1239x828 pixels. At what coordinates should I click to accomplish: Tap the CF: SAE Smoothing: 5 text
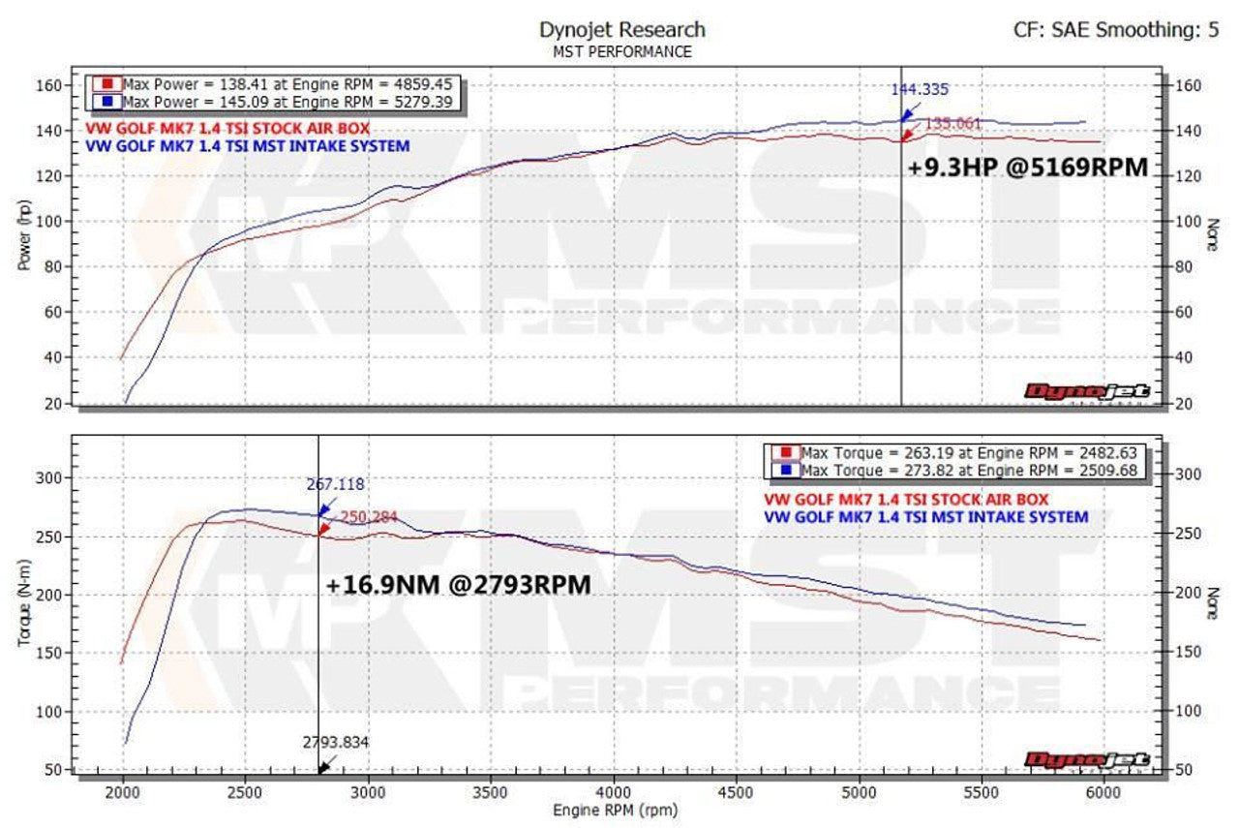[1116, 30]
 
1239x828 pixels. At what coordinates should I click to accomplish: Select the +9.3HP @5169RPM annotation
[1027, 168]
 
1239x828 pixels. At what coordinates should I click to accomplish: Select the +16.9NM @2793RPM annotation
[458, 586]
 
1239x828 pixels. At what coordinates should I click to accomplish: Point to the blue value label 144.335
[920, 90]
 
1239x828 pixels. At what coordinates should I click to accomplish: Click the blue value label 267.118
[335, 485]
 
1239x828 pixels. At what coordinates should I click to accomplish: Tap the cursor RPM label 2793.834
[336, 743]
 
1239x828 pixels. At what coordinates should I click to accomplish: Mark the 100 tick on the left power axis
[48, 222]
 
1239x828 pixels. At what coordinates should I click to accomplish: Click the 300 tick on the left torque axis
[48, 477]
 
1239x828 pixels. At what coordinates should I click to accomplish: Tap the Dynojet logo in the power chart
[1087, 391]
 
